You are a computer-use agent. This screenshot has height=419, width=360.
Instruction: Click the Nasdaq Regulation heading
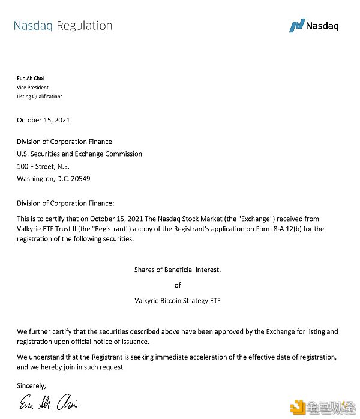point(62,26)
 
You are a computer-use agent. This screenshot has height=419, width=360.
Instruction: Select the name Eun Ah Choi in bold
point(30,79)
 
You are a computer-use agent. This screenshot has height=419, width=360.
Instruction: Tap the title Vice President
point(33,88)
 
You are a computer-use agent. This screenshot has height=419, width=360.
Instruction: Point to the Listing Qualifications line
point(40,97)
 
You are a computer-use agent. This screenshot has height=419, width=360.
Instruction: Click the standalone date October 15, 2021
point(43,120)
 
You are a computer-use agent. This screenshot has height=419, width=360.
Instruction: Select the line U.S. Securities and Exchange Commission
point(79,154)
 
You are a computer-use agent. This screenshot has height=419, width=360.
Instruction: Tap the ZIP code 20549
point(79,179)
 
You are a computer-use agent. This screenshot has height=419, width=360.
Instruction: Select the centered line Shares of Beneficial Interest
point(178,270)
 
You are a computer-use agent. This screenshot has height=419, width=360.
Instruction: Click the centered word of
point(178,285)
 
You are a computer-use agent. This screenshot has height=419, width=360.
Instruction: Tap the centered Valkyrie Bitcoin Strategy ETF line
point(178,301)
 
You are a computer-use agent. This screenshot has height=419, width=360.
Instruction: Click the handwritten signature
point(48,403)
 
